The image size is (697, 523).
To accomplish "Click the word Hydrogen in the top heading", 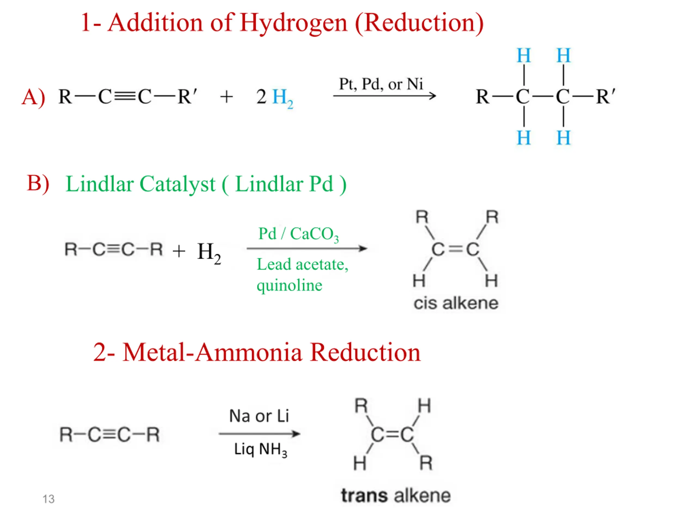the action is click(x=293, y=24).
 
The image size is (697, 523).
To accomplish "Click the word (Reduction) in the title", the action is click(x=419, y=24).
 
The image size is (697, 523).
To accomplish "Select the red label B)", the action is click(x=38, y=184).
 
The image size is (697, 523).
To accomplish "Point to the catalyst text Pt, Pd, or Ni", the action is click(x=381, y=84).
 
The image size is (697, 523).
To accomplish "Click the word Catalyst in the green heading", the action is click(x=178, y=184).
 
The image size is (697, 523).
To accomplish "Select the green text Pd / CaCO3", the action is click(x=298, y=235).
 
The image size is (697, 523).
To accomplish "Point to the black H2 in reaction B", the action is click(x=209, y=253).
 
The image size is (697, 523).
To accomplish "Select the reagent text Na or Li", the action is click(x=259, y=416).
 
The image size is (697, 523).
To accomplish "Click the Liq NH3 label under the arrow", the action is click(x=261, y=449).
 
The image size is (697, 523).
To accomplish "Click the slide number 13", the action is click(x=48, y=499).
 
